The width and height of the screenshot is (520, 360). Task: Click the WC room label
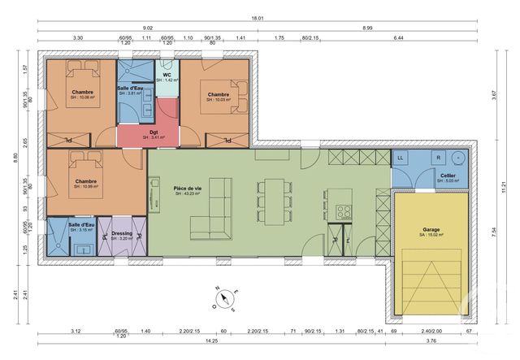(x=166, y=76)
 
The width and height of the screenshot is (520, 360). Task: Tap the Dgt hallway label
(x=154, y=133)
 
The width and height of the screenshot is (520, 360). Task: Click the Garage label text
(x=431, y=231)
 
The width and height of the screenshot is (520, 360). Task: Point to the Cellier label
(x=448, y=175)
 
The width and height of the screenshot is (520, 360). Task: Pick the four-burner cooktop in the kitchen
(x=343, y=212)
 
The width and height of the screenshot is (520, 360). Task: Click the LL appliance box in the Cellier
(x=401, y=157)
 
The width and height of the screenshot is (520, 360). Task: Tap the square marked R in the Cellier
(x=438, y=156)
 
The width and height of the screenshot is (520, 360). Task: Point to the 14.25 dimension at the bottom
(x=210, y=341)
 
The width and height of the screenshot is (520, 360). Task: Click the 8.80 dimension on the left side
(x=14, y=158)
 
